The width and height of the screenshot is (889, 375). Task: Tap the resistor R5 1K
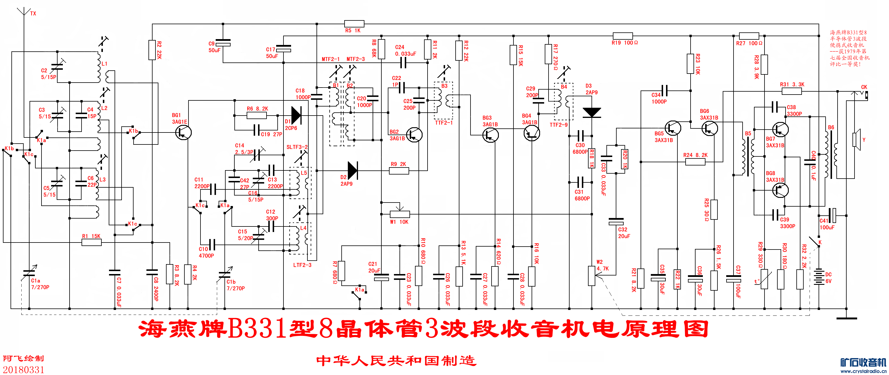pyautogui.click(x=354, y=24)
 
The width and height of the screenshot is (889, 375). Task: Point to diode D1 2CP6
pyautogui.click(x=296, y=115)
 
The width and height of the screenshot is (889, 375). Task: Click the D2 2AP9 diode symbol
pyautogui.click(x=352, y=170)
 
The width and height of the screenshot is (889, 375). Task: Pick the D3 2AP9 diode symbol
pyautogui.click(x=591, y=112)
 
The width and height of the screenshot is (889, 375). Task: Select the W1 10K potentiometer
pyautogui.click(x=399, y=214)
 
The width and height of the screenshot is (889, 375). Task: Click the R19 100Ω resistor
pyautogui.click(x=622, y=36)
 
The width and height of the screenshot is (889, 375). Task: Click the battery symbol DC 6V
pyautogui.click(x=819, y=277)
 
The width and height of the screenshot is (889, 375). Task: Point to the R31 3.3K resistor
pyautogui.click(x=791, y=91)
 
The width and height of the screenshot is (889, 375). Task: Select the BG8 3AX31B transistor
pyautogui.click(x=780, y=190)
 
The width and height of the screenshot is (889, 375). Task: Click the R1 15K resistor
pyautogui.click(x=91, y=242)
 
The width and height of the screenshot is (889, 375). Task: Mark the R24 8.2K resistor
pyautogui.click(x=695, y=161)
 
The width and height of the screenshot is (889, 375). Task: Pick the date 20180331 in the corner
pyautogui.click(x=23, y=369)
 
